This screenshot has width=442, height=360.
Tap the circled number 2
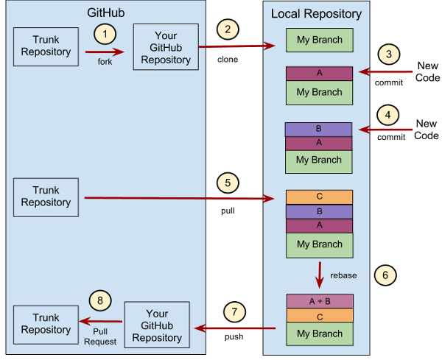click(228, 29)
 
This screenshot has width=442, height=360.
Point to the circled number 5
click(228, 181)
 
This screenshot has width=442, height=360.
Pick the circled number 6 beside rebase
click(385, 275)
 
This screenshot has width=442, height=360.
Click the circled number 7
click(234, 311)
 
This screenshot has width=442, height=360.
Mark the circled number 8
click(101, 300)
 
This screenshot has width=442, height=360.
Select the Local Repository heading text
click(316, 14)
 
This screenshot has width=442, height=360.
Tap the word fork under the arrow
click(105, 61)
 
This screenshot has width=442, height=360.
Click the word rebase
click(344, 275)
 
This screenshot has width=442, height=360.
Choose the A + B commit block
click(319, 301)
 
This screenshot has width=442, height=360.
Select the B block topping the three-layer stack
click(319, 129)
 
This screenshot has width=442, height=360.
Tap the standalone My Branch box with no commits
click(319, 40)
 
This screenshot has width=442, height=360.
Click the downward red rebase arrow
click(320, 274)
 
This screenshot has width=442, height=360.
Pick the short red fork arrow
click(105, 52)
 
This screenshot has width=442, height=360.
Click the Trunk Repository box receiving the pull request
click(46, 324)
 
